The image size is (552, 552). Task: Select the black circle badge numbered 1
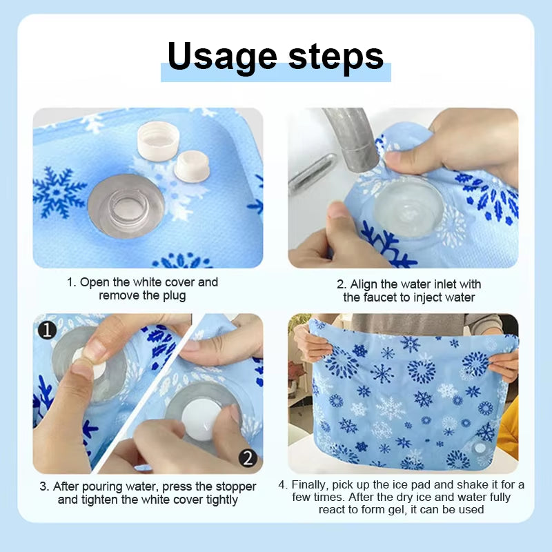pos(46,331)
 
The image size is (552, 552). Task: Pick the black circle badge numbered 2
pos(248,457)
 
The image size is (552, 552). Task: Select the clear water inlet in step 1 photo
pos(126,206)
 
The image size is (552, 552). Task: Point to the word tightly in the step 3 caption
pos(217,500)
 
